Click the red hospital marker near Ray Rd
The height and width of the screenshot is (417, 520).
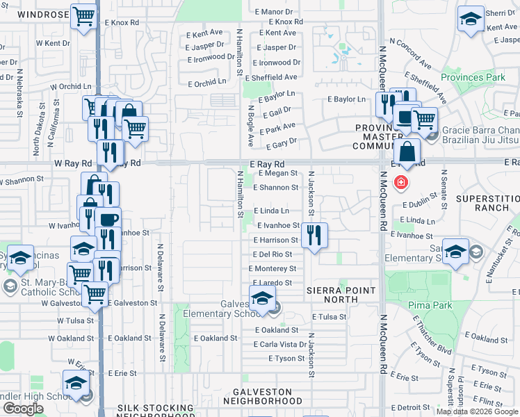[400, 184]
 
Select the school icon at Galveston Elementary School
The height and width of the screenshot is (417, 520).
[262, 299]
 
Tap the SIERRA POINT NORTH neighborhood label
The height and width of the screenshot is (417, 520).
[341, 291]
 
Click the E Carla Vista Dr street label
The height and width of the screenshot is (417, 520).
[281, 345]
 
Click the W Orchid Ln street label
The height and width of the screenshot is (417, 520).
[70, 87]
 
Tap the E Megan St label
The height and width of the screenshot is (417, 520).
[277, 173]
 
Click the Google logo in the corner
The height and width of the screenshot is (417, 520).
[24, 408]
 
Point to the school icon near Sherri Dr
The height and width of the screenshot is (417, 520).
[471, 19]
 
